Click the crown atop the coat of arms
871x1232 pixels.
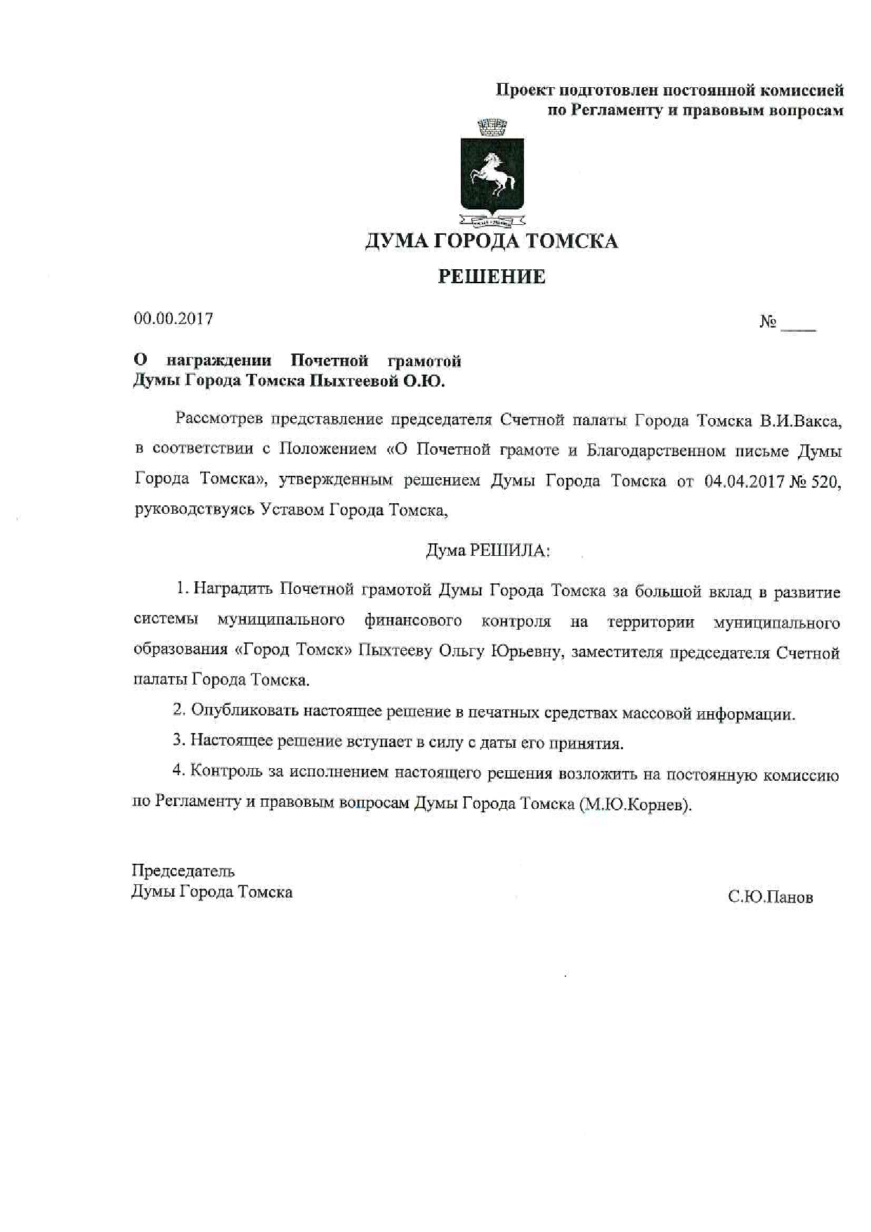[492, 129]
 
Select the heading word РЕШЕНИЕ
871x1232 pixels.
[492, 277]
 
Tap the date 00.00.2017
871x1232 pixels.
[173, 318]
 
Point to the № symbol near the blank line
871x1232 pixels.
[768, 323]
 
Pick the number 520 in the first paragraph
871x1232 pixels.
[825, 482]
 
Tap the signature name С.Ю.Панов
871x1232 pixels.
[771, 897]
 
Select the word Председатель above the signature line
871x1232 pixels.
[183, 871]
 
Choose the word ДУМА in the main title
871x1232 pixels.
[396, 241]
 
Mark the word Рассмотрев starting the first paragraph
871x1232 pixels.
[219, 420]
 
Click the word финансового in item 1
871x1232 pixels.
[413, 621]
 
